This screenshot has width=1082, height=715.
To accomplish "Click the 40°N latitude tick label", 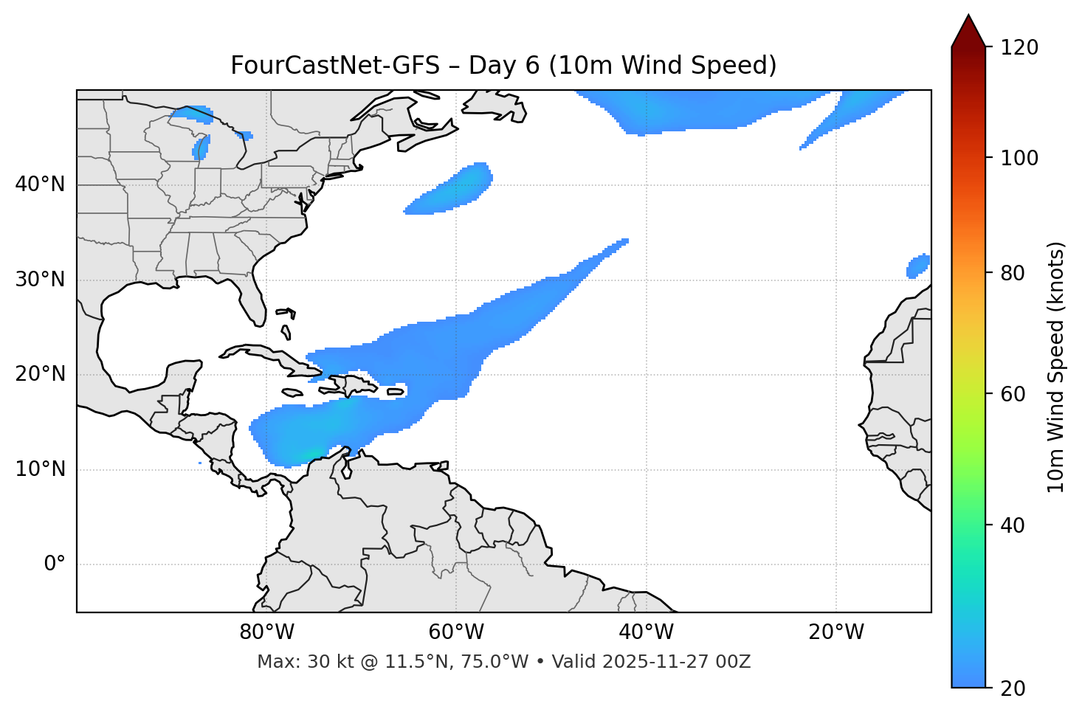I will pos(40,184).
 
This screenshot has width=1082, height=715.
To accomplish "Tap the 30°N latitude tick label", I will pos(40,280).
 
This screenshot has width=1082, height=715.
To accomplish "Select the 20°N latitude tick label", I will pos(40,374).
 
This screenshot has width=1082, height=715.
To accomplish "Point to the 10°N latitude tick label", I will pos(40,469).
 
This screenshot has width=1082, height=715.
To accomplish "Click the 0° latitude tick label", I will pos(55,564).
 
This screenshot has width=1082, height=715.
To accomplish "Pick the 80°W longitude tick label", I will pos(266,632).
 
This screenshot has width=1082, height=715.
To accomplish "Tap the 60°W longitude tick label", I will pos(456,632).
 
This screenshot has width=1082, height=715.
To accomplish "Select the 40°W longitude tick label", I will pos(646,632).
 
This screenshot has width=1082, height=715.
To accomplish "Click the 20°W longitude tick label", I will pos(836,632).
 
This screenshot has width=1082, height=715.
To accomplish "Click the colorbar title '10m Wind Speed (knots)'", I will pos(1056,367).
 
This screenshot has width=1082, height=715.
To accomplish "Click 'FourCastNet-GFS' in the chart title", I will pos(334,66).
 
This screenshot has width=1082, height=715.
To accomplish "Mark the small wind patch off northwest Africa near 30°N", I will pos(918,266).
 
